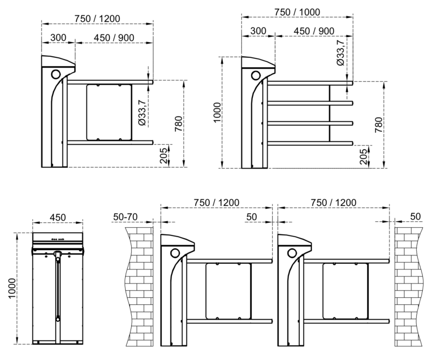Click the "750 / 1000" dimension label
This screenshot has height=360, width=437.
pos(297,12)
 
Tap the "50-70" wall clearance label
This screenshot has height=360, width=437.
pos(126,216)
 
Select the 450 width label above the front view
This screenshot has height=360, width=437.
pos(58,217)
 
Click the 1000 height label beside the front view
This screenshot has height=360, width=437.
pos(12,288)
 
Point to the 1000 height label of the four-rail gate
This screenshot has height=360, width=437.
pos(217,113)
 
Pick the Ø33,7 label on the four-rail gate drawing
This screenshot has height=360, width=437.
pos(340,52)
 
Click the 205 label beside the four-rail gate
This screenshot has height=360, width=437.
pos(363,156)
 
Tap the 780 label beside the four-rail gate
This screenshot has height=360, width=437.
pos(379,125)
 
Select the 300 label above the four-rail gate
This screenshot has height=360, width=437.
pos(258,31)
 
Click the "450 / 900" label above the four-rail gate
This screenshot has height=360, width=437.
pos(314,31)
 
